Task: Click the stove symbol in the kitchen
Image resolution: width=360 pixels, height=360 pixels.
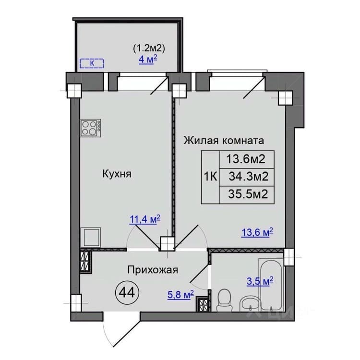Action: click(91, 128)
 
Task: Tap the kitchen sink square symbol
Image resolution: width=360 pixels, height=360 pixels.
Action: click(91, 238)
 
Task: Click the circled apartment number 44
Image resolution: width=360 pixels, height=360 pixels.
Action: click(127, 292)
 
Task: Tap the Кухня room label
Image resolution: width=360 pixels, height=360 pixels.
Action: click(117, 174)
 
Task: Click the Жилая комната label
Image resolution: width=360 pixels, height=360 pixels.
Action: click(224, 140)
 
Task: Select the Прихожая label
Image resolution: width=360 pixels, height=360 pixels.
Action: click(153, 270)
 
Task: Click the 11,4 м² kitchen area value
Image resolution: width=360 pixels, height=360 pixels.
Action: click(145, 219)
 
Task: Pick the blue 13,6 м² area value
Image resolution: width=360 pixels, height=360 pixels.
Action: click(257, 232)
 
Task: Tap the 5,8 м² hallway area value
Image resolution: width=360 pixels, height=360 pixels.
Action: click(181, 295)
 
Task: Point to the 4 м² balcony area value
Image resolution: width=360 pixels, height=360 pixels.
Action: click(148, 60)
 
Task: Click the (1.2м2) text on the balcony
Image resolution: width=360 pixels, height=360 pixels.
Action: click(149, 48)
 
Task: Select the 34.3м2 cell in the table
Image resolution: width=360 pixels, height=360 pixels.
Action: click(247, 177)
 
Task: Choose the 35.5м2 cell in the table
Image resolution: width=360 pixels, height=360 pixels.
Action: click(247, 195)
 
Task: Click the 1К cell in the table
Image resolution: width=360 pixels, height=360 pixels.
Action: click(211, 177)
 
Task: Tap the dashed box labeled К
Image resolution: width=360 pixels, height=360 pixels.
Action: click(92, 63)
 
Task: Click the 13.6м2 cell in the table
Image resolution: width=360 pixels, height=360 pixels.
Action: click(247, 159)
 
